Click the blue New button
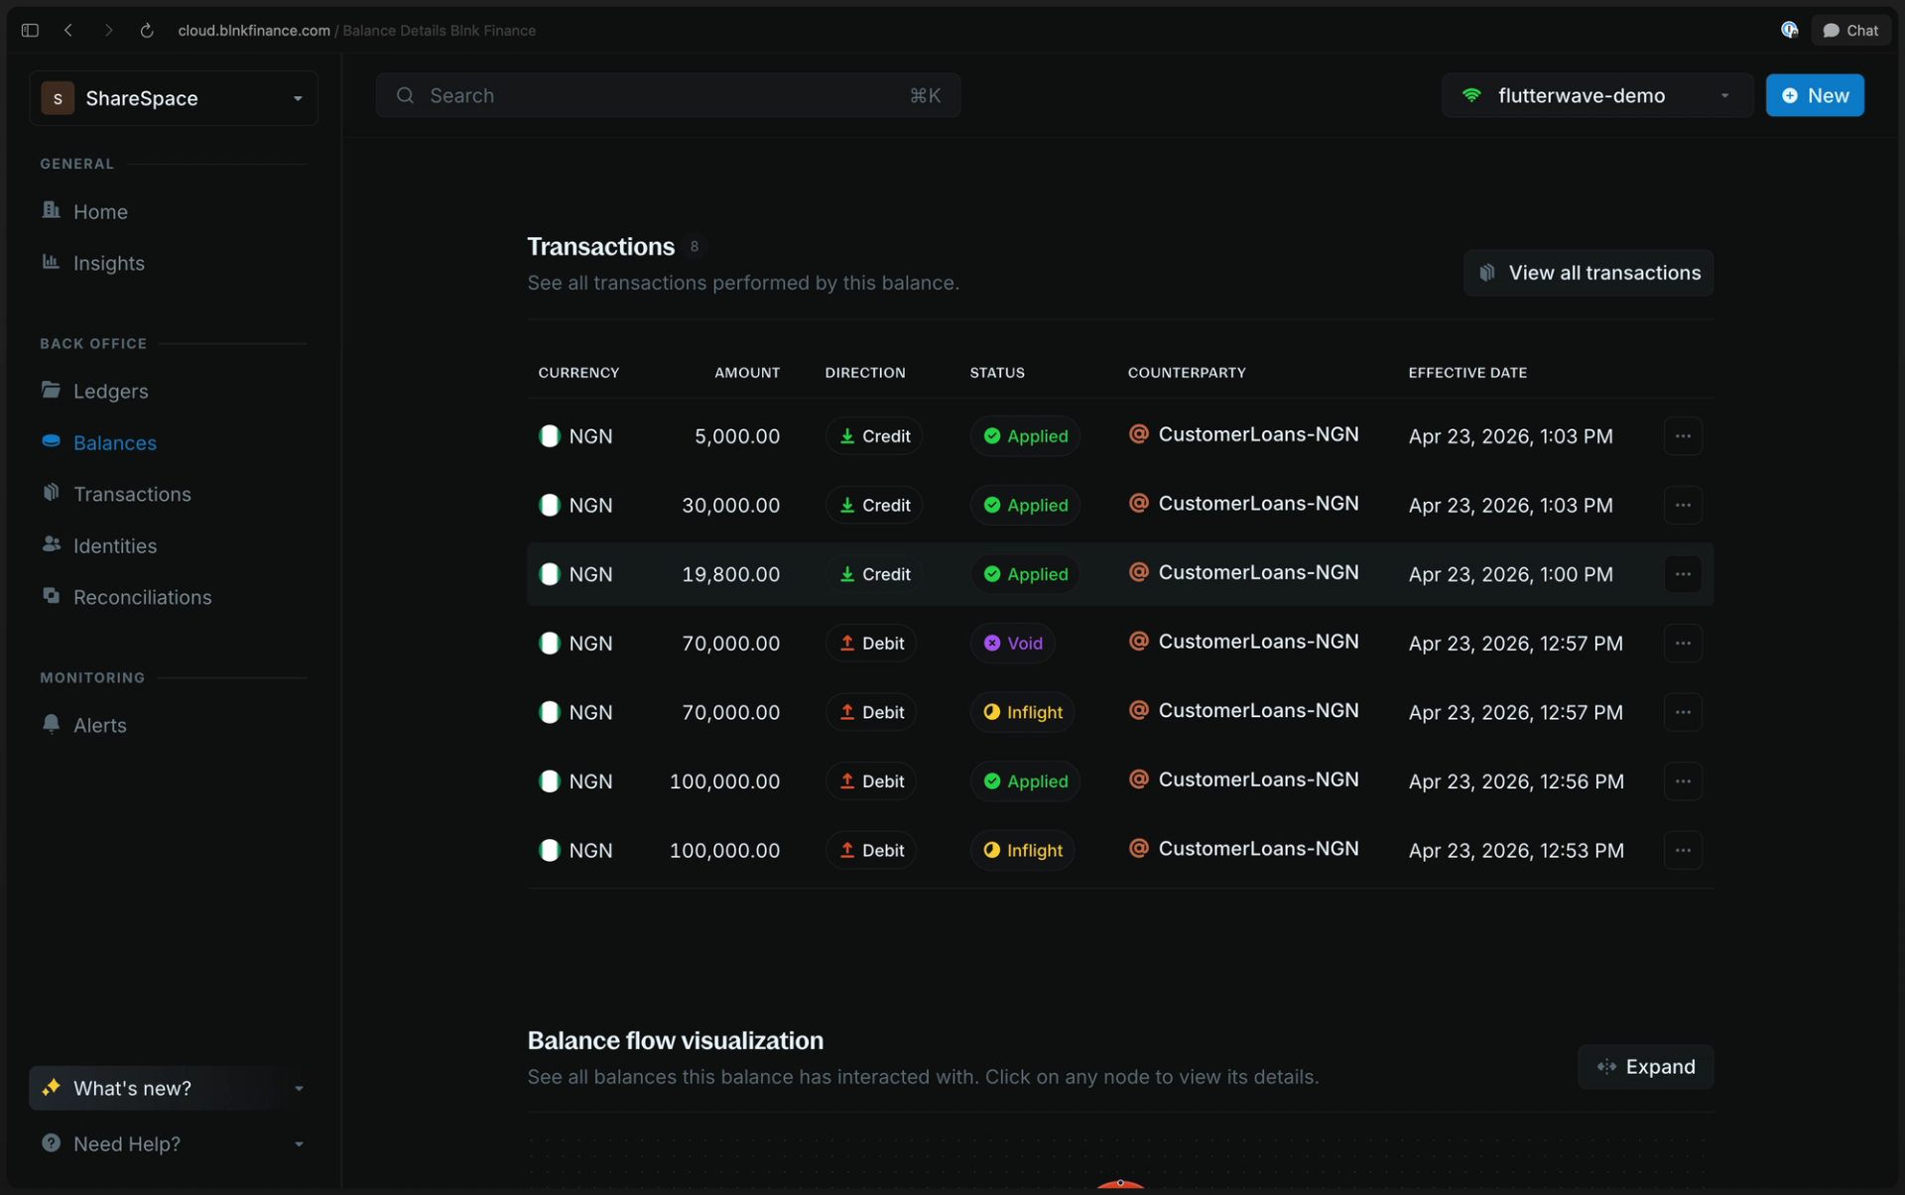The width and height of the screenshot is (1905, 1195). [x=1814, y=95]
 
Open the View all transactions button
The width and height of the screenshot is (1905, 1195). [x=1588, y=273]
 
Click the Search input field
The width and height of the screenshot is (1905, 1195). [x=668, y=95]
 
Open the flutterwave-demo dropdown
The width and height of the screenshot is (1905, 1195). [x=1596, y=95]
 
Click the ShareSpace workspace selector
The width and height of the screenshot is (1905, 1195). [x=174, y=98]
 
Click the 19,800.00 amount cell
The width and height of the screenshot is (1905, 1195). [x=730, y=574]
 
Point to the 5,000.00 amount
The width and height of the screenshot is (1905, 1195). [x=737, y=436]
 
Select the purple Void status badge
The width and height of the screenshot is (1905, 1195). [x=1012, y=643]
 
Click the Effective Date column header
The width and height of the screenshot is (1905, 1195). [x=1467, y=373]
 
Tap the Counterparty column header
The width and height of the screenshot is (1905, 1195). [x=1187, y=373]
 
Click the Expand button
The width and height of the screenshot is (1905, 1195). [x=1645, y=1067]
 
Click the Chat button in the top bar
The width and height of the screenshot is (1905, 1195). [x=1850, y=31]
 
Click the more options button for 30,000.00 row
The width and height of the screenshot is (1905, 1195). [x=1683, y=505]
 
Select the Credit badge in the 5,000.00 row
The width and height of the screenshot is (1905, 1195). [x=874, y=436]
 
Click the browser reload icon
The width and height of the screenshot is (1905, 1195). [x=147, y=31]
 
